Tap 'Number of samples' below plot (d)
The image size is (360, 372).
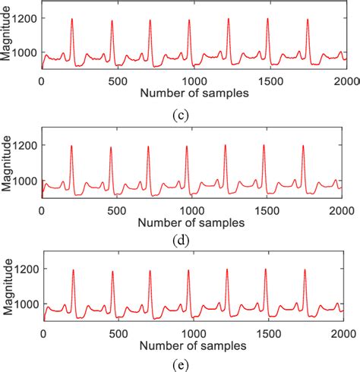click(x=192, y=223)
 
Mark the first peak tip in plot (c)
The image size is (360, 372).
click(x=71, y=19)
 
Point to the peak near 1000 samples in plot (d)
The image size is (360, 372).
click(x=187, y=147)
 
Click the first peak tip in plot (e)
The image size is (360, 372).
click(x=73, y=270)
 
